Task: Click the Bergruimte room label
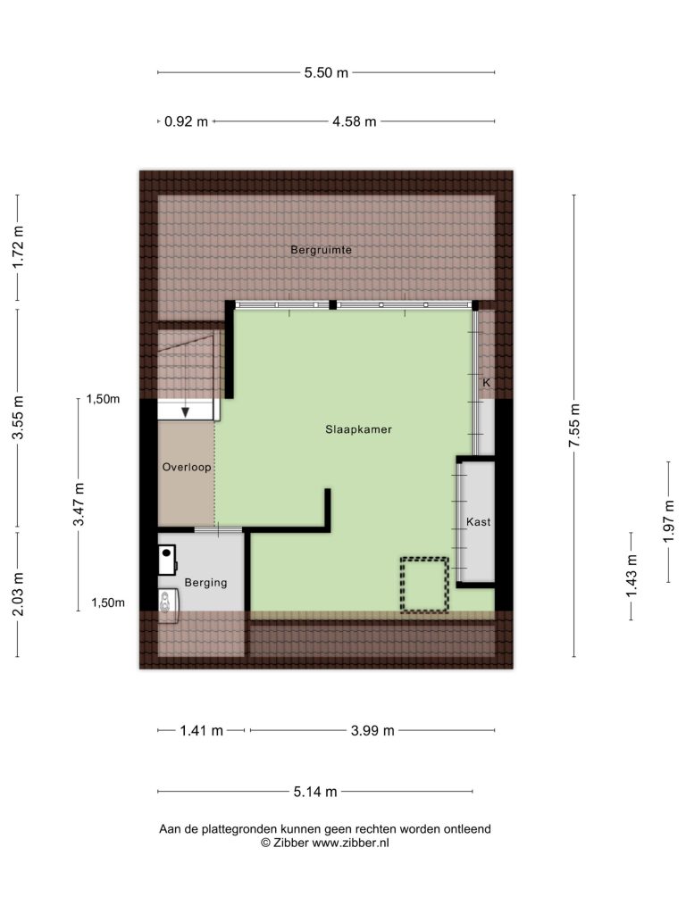point(321,250)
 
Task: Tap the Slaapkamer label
point(358,429)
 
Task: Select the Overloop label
point(187,467)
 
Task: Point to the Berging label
point(205,582)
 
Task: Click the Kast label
point(479,521)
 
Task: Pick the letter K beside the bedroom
point(487,383)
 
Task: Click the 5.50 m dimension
point(326,73)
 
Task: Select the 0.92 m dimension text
point(186,121)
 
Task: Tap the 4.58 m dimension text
point(354,121)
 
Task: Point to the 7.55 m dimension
point(574,426)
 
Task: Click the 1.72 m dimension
point(18,247)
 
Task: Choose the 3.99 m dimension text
point(372,730)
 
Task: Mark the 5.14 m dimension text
point(315,792)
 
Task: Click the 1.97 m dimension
point(668,521)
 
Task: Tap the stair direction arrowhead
point(186,412)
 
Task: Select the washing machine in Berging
point(168,606)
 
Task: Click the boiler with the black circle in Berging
point(167,561)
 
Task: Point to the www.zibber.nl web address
point(350,843)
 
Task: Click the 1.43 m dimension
point(632,576)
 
